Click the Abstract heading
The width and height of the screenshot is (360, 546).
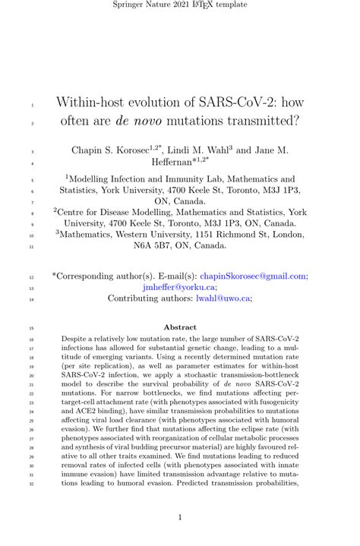[179, 327]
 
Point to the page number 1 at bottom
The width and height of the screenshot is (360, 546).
[180, 518]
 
